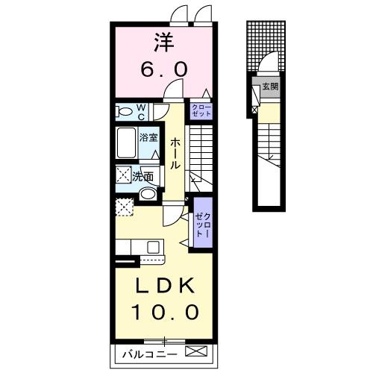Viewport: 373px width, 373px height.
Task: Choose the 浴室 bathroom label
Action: tap(148, 137)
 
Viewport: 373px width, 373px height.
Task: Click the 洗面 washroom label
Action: tap(142, 177)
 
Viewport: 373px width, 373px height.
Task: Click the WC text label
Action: tap(140, 111)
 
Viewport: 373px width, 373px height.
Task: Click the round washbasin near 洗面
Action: tap(148, 194)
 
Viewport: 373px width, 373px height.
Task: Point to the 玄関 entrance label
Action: tap(269, 88)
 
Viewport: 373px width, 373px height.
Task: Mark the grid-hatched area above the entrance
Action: tap(257, 48)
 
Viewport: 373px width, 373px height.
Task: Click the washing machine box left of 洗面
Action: tap(124, 176)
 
